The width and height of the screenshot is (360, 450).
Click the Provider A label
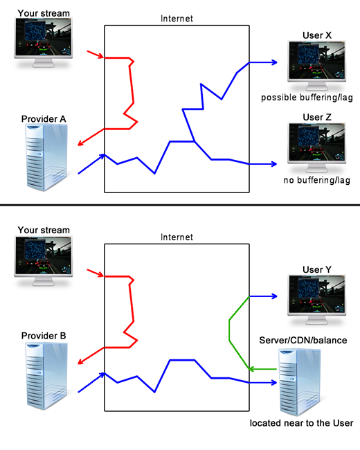click(44, 119)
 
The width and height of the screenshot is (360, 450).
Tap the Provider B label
click(44, 336)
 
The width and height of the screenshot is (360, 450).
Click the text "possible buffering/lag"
click(307, 98)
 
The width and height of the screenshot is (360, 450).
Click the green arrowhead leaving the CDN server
click(253, 370)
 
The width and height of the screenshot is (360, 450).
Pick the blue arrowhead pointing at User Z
click(275, 164)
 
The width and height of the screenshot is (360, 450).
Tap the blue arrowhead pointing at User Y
click(275, 296)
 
